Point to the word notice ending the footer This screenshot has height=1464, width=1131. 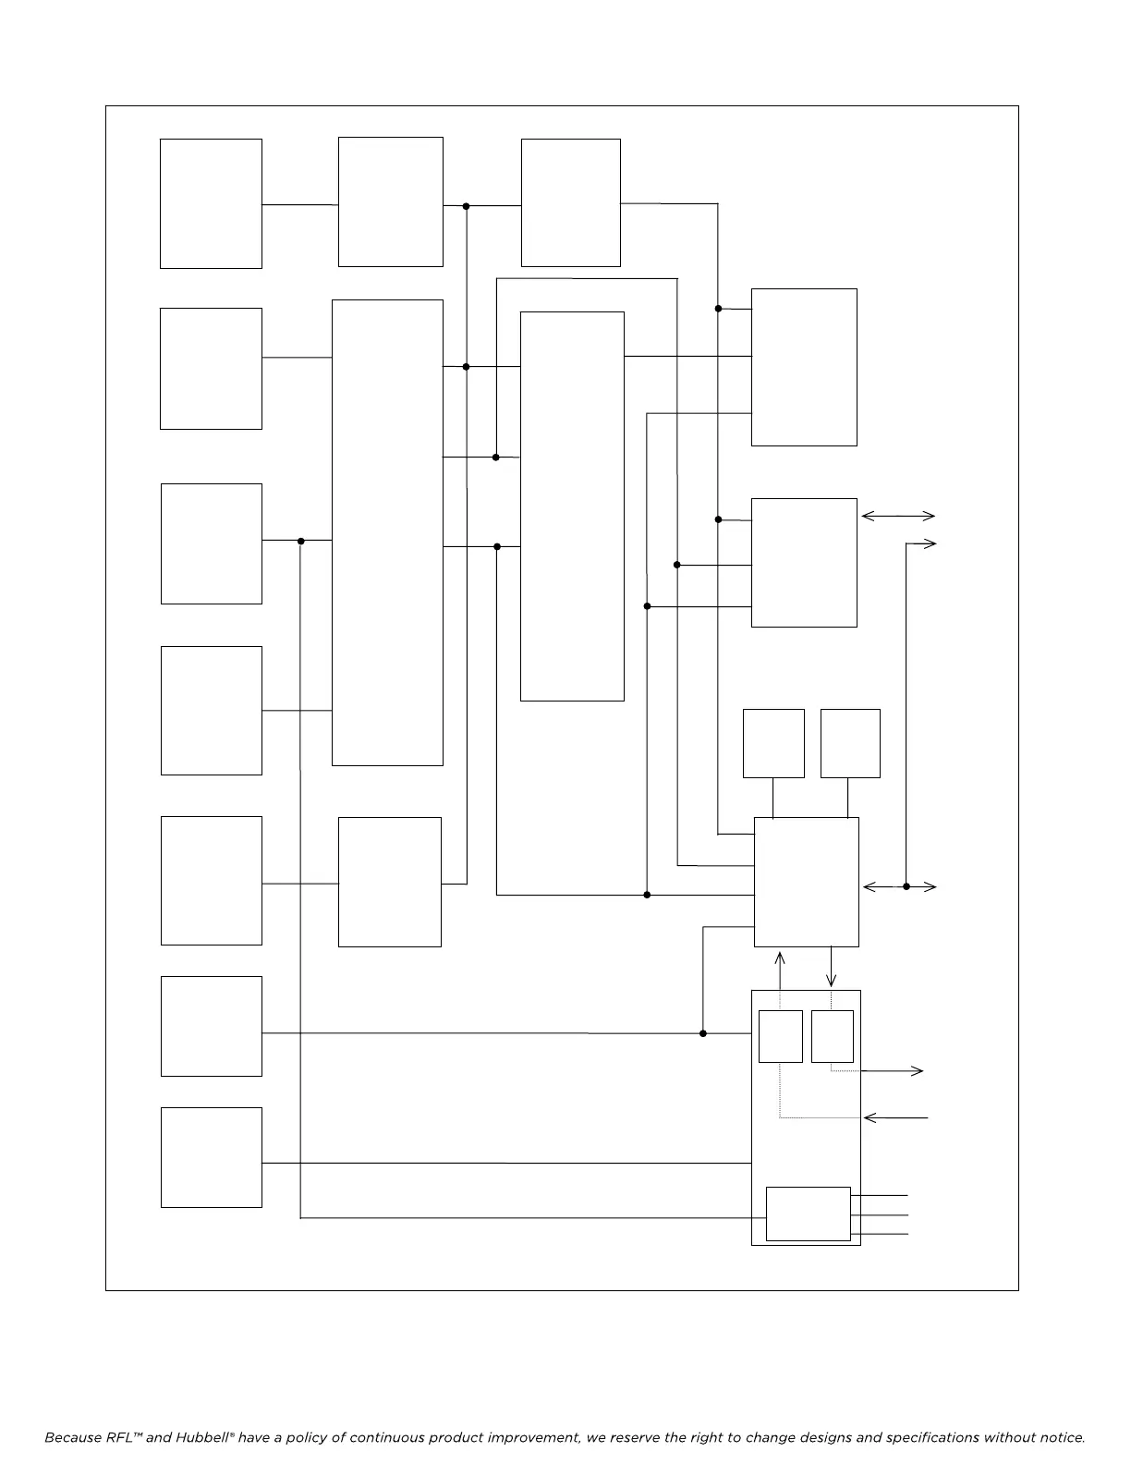point(1059,1438)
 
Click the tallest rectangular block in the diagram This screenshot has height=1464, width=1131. point(387,532)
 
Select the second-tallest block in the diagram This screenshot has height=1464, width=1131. point(572,506)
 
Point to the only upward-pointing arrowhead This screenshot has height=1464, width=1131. point(781,958)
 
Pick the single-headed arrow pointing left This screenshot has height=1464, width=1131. point(894,1118)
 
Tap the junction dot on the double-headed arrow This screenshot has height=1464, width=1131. point(906,887)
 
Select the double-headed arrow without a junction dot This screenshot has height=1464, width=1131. point(898,517)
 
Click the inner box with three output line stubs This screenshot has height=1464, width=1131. point(808,1214)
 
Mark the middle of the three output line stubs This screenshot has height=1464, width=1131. point(880,1215)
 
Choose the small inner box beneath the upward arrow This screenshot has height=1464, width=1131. point(780,1036)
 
